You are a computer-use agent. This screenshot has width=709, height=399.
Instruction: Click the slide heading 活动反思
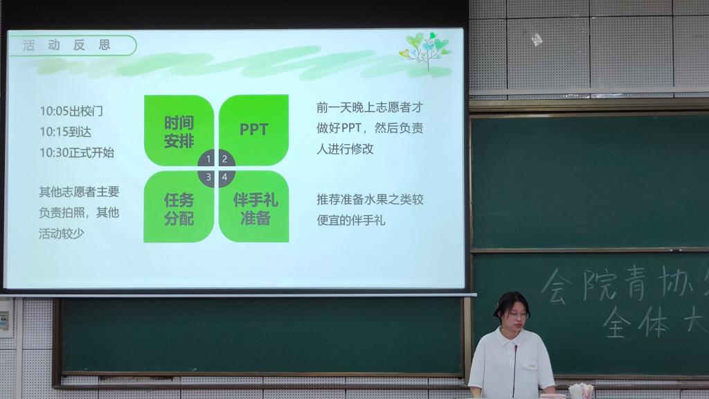66,45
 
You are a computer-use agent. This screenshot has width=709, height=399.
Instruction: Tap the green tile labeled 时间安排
179,130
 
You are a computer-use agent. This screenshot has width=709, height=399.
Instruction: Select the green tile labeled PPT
253,130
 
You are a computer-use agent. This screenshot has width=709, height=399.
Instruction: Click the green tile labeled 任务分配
179,206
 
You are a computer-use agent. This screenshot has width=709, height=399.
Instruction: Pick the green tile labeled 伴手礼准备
254,206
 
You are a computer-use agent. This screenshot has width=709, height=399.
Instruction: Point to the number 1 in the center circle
208,159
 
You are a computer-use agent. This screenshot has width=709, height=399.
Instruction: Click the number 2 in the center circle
224,159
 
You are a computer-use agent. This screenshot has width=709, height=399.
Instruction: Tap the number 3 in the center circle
208,177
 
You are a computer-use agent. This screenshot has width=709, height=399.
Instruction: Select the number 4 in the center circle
224,177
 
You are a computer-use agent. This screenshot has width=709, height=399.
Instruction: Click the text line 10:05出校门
71,111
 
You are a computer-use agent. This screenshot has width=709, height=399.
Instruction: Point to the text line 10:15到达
66,132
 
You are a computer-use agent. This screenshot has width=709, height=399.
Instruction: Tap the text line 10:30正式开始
77,152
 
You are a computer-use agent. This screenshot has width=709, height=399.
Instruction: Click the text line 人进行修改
345,149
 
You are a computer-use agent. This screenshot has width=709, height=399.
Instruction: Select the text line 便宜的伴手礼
351,220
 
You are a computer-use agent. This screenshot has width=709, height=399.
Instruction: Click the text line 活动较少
62,233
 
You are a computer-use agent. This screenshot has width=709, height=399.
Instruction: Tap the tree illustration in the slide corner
425,51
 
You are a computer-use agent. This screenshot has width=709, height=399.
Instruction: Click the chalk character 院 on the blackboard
598,283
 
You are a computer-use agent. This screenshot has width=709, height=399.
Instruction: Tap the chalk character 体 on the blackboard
653,321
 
